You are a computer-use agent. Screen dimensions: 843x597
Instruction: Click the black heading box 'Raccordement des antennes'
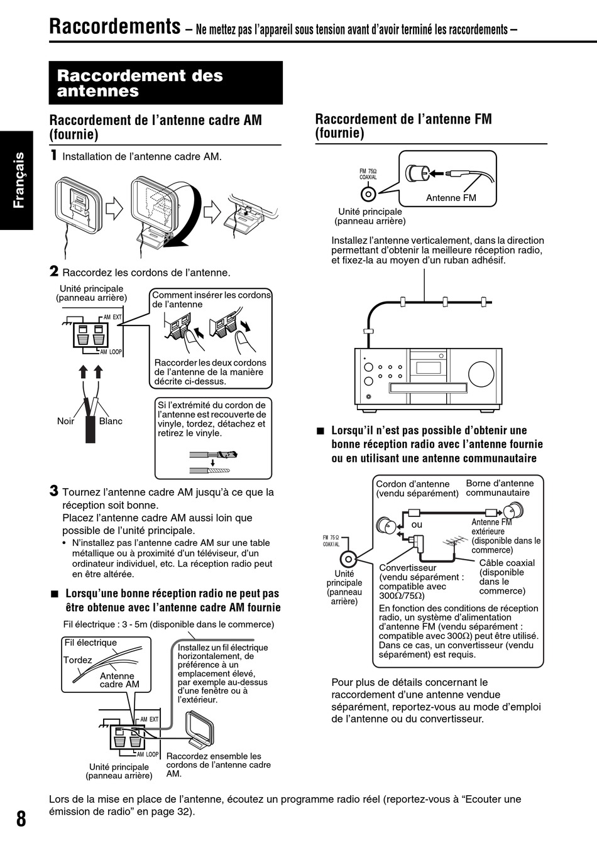pyautogui.click(x=165, y=83)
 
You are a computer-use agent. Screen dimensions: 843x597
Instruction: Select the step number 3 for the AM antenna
pyautogui.click(x=54, y=491)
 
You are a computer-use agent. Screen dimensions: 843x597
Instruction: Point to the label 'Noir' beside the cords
pyautogui.click(x=65, y=421)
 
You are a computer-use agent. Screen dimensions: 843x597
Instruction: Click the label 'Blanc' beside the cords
pyautogui.click(x=111, y=421)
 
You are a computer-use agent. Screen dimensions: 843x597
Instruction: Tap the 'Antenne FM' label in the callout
pyautogui.click(x=451, y=198)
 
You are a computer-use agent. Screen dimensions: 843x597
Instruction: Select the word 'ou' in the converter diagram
pyautogui.click(x=417, y=525)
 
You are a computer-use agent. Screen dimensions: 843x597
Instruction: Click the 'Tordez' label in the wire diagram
pyautogui.click(x=77, y=660)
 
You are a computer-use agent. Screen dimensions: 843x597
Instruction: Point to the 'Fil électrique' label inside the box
pyautogui.click(x=90, y=643)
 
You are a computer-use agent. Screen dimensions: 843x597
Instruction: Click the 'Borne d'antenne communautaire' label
pyautogui.click(x=500, y=487)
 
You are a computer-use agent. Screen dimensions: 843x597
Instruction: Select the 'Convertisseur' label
pyautogui.click(x=407, y=568)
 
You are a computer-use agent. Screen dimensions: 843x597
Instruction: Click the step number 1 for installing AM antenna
pyautogui.click(x=54, y=155)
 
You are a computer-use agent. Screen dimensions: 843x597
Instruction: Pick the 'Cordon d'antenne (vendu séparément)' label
pyautogui.click(x=417, y=488)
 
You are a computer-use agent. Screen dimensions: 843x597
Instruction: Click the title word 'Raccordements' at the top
pyautogui.click(x=114, y=27)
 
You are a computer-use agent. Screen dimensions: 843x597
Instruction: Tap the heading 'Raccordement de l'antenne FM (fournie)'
pyautogui.click(x=403, y=126)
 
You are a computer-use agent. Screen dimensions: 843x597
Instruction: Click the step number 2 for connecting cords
pyautogui.click(x=54, y=271)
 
